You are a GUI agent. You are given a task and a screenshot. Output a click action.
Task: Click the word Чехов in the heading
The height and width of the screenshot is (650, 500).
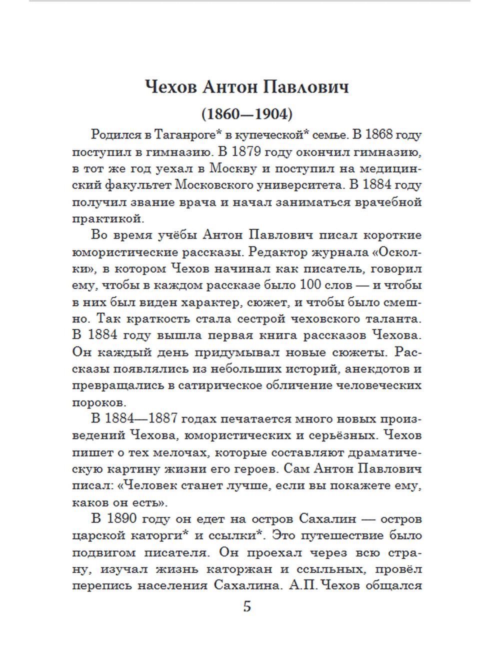170,87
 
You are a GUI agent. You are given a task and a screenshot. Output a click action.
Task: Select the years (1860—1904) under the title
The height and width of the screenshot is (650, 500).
247,114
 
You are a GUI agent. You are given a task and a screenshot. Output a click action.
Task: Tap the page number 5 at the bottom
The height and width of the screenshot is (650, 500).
247,606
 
